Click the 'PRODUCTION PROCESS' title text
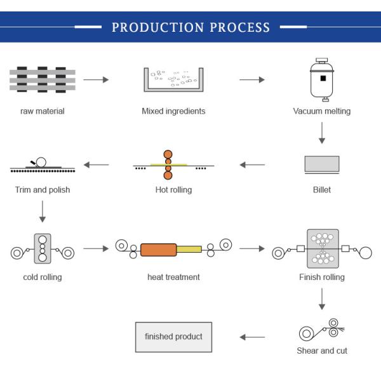pos(190,28)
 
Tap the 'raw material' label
pos(43,111)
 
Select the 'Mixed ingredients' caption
pos(173,111)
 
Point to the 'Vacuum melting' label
pos(321,111)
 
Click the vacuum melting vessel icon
pos(322,80)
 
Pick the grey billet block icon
pos(322,164)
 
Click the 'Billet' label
pos(322,189)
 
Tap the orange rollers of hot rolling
pos(168,165)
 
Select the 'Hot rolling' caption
pos(173,189)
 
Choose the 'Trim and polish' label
pos(43,189)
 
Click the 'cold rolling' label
pos(43,277)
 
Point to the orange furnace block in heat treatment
pos(158,250)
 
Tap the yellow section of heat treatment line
pos(189,249)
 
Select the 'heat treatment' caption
pos(173,277)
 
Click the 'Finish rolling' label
pos(322,277)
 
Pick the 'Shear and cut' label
pos(322,351)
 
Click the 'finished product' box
pos(173,337)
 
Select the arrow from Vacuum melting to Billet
pos(322,133)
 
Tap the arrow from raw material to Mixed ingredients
pos(96,79)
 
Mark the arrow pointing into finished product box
pos(252,337)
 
